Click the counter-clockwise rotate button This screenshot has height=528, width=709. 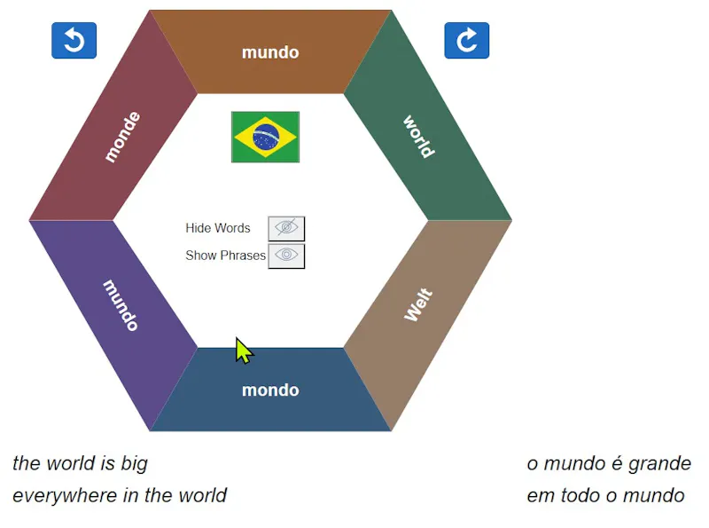point(74,40)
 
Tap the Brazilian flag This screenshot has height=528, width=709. point(265,137)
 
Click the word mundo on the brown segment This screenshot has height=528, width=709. point(270,52)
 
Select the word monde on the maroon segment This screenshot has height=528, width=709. point(122,137)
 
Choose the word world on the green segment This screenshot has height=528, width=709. point(419,137)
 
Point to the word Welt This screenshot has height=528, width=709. point(418,304)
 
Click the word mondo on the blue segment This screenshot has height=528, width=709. point(270,390)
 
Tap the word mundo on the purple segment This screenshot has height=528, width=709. point(121,305)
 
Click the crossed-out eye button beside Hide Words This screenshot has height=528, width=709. point(286,228)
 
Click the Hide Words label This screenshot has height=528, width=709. point(217,228)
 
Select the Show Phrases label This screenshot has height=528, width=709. point(225,256)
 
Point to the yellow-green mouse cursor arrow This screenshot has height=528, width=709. point(245,351)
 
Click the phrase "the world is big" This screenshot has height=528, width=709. point(80,463)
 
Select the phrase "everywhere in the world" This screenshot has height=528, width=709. point(120,495)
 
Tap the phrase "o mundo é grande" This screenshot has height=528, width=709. point(609,464)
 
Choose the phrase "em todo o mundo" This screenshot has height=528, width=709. point(605,495)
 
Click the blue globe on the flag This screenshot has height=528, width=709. point(266,137)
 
